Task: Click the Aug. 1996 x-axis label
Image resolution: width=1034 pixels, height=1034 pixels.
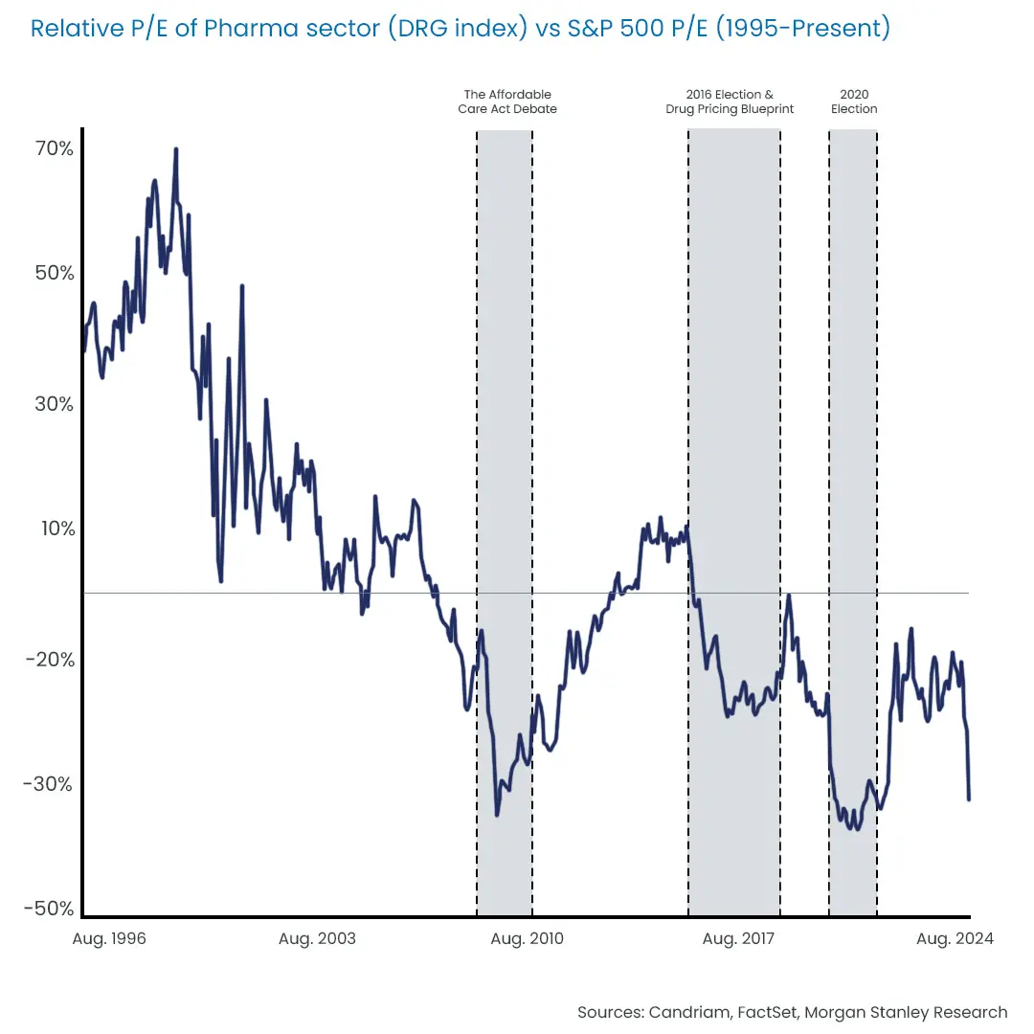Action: point(109,938)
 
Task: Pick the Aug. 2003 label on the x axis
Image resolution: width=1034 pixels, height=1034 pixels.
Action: point(317,938)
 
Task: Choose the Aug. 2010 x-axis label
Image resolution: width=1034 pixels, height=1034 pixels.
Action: point(527,938)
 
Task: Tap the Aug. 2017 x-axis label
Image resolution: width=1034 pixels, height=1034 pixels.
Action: point(739,938)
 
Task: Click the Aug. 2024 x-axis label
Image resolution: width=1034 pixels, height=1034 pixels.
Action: point(955,938)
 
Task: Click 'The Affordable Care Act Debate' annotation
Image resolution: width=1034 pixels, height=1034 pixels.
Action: point(507,101)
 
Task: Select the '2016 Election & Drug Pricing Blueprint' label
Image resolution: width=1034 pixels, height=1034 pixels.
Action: point(730,101)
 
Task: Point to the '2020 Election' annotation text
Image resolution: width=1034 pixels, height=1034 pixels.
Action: point(854,101)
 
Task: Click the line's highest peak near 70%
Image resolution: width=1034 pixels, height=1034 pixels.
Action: point(176,149)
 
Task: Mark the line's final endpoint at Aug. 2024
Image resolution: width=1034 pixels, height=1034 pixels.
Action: point(969,798)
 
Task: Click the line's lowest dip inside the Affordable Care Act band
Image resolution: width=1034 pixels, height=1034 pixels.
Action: point(497,815)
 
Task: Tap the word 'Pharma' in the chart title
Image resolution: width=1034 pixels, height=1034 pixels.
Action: point(235,29)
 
